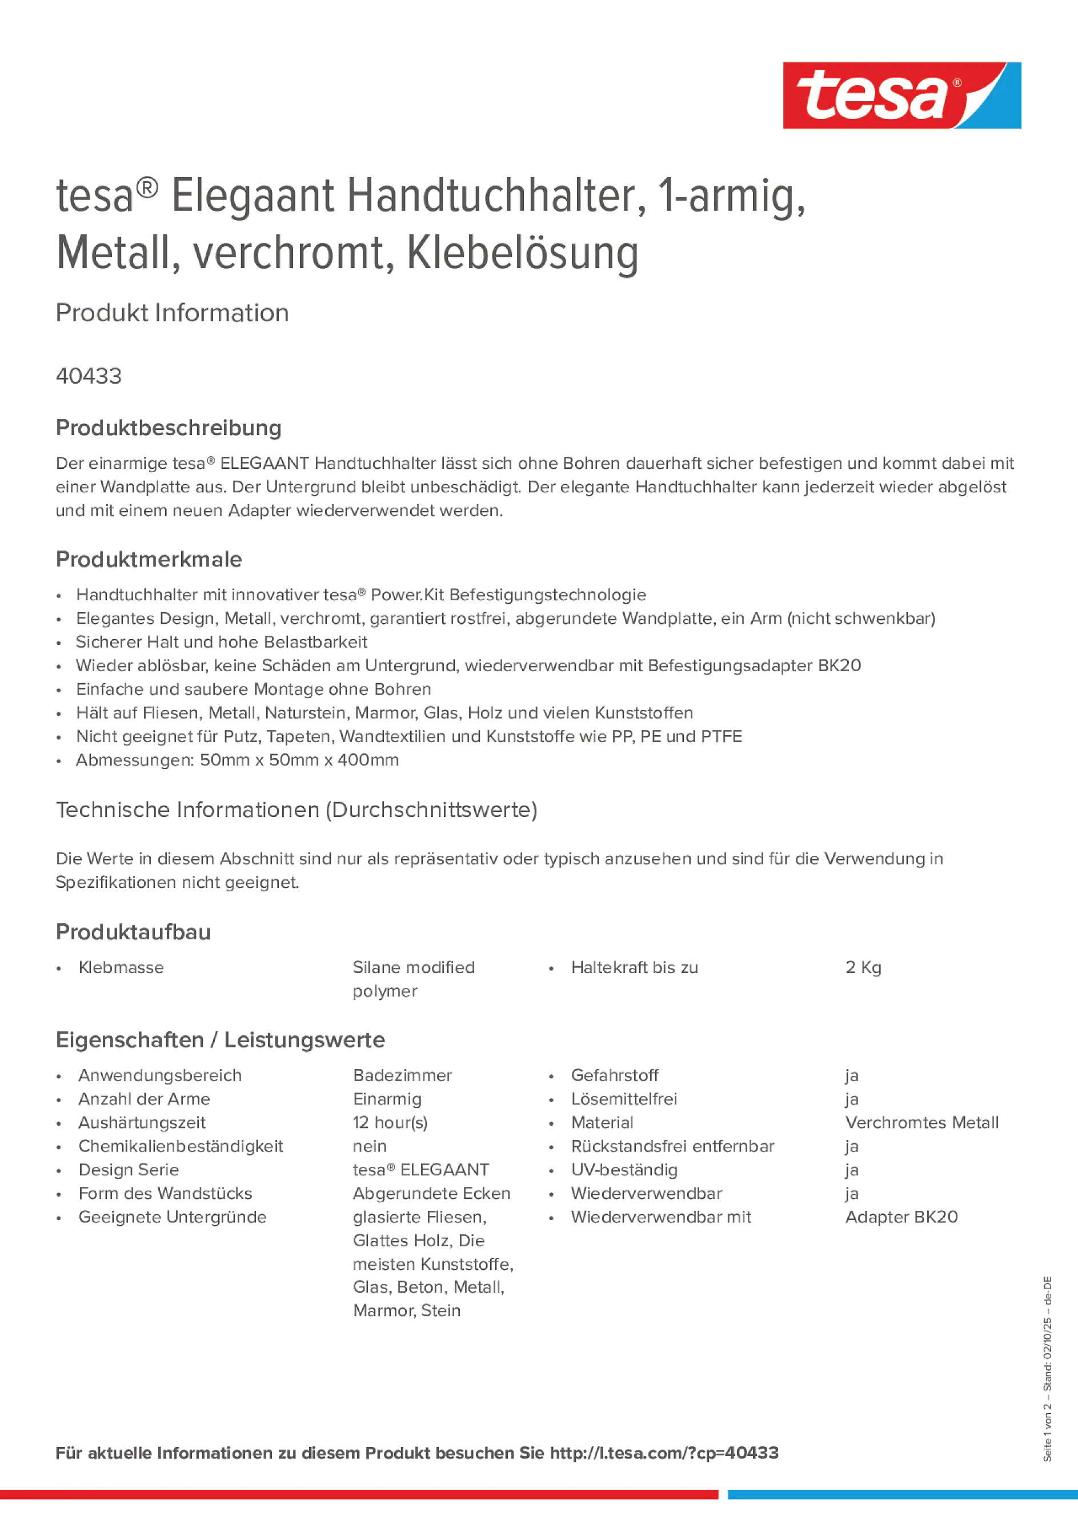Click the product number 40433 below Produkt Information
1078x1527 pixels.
89,376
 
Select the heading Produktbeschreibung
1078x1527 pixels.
169,428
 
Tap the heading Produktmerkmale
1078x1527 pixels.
149,559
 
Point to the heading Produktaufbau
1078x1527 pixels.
133,932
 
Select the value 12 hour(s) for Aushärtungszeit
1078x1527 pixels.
390,1123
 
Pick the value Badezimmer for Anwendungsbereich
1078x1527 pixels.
402,1075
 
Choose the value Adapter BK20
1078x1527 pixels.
901,1217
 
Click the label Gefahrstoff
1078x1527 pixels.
614,1075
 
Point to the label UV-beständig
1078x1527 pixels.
624,1170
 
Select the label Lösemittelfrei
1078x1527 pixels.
623,1099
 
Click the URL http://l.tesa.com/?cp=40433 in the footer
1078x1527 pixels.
664,1453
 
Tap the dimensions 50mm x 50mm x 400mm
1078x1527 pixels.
299,760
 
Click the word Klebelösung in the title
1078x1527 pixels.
522,253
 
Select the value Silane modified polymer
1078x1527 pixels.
414,978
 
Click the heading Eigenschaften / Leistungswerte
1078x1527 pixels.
220,1039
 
